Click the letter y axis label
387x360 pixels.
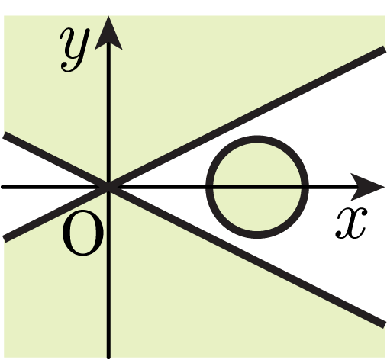[75, 49]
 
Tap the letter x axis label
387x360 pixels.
[352, 223]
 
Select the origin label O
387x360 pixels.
[83, 233]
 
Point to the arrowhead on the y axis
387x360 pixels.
[108, 33]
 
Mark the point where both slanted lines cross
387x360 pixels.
[108, 188]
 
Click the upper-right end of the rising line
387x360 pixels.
[384, 49]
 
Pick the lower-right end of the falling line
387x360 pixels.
[384, 325]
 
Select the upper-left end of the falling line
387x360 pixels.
[4, 135]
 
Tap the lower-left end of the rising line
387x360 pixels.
[4, 239]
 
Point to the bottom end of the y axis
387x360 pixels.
[108, 358]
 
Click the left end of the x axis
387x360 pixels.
[2, 187]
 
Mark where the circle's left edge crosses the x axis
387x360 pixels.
[209, 188]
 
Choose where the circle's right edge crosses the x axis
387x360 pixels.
[305, 188]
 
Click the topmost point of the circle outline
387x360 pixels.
[257, 140]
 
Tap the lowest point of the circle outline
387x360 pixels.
[257, 235]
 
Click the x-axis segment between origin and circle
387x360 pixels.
[161, 188]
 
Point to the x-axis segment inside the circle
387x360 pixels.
[257, 188]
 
